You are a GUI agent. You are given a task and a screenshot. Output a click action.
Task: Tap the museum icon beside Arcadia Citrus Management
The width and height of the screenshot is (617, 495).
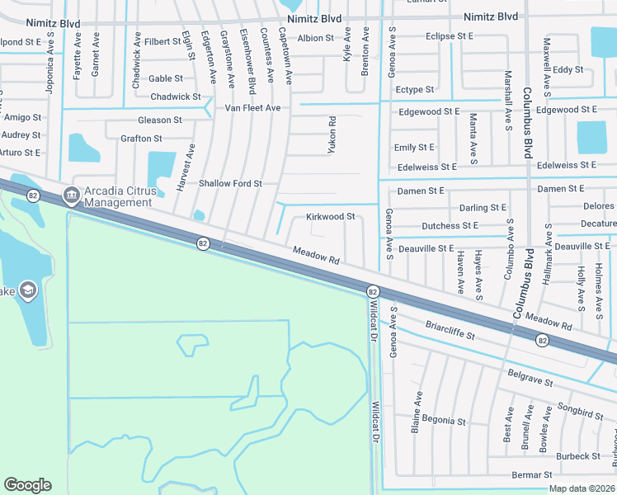click(70, 196)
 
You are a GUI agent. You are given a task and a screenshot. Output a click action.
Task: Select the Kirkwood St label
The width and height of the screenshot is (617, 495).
click(330, 217)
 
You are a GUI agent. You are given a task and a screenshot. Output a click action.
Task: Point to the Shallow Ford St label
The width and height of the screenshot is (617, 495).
click(230, 183)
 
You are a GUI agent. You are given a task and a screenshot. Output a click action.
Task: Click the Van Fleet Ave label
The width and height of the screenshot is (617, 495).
click(253, 108)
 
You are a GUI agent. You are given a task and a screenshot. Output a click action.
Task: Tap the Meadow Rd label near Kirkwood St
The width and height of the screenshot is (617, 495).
click(316, 255)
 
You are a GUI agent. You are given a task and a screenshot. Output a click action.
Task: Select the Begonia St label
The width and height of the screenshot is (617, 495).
click(443, 420)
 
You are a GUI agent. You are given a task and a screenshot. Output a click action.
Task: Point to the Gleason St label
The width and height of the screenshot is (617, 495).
click(160, 120)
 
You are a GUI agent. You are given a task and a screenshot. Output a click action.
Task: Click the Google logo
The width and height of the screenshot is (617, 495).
click(27, 485)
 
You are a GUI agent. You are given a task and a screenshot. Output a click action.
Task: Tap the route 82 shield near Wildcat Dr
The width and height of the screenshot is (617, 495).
click(373, 292)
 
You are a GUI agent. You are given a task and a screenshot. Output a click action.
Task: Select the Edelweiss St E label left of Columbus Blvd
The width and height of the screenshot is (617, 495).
click(425, 167)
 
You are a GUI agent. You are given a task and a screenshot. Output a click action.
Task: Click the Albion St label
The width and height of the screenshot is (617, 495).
click(315, 38)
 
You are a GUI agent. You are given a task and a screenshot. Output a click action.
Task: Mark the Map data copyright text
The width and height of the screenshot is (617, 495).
click(582, 488)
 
